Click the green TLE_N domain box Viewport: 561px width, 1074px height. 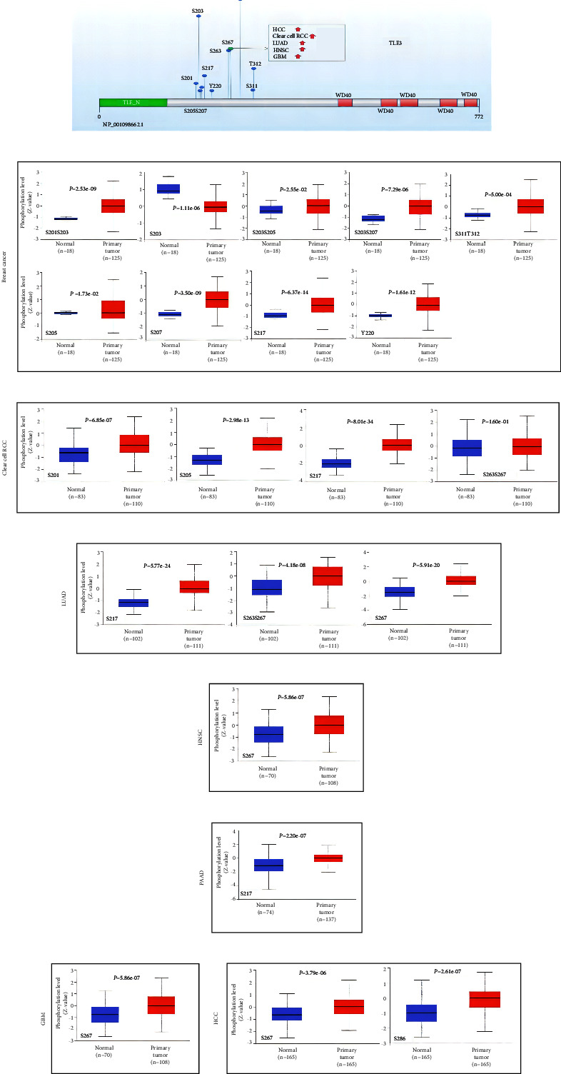(133, 103)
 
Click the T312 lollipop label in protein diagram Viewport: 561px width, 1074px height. (255, 64)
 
